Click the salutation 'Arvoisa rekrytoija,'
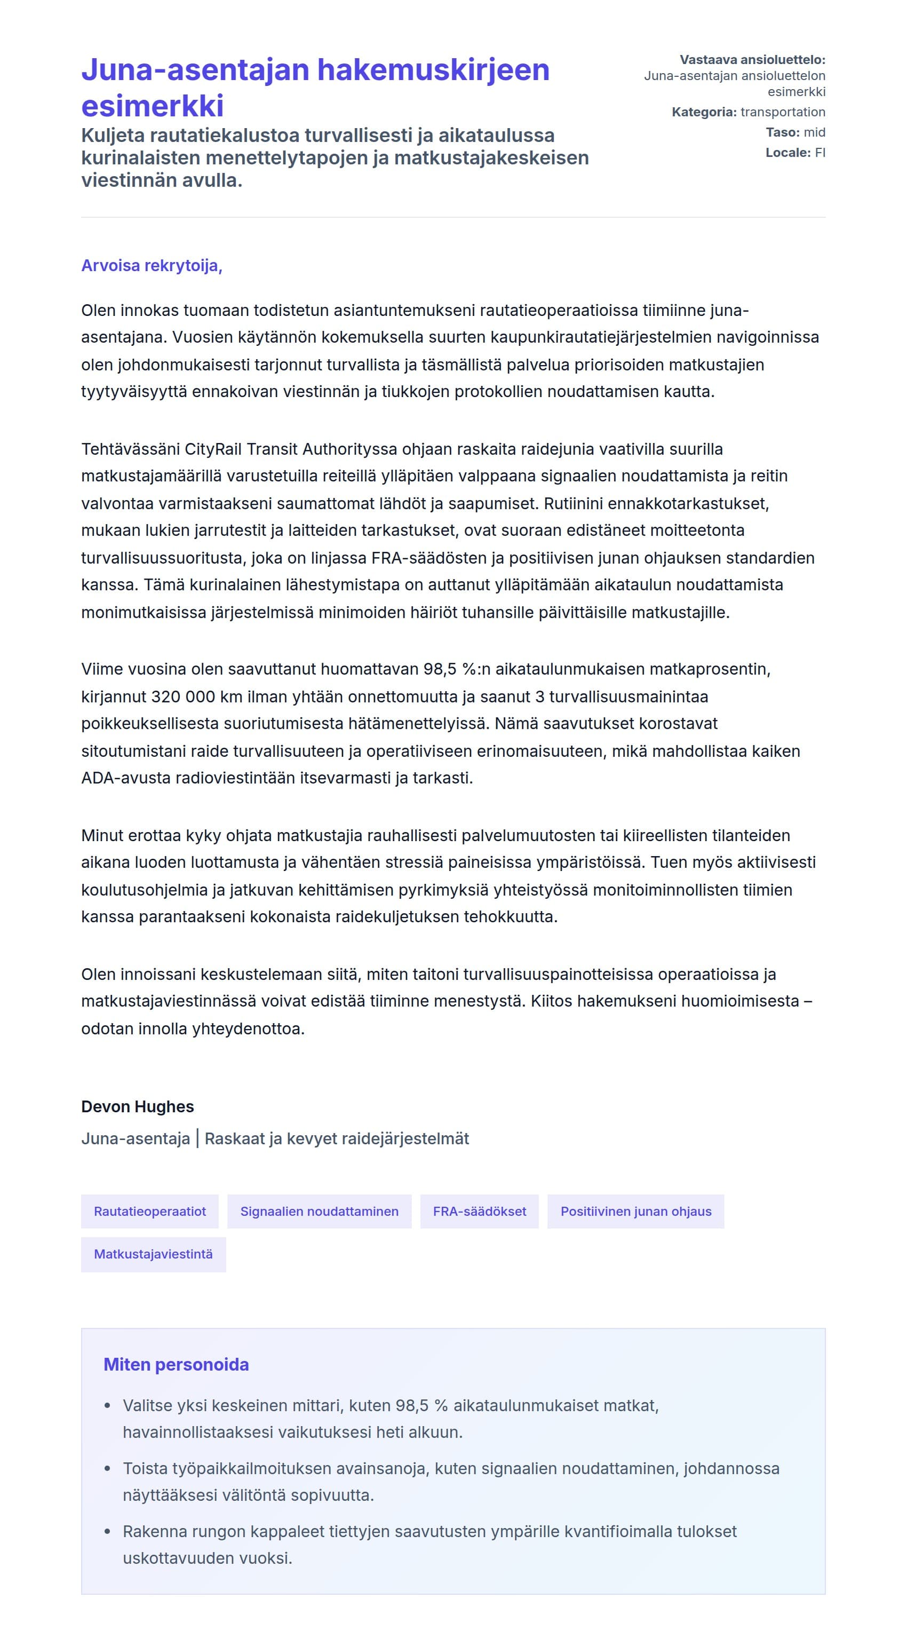(x=152, y=266)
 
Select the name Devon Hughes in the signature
(x=137, y=1107)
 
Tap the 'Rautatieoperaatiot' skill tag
(x=149, y=1212)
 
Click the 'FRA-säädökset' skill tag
(x=479, y=1212)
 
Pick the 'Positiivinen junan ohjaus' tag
(x=635, y=1212)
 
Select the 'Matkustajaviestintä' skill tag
(x=153, y=1254)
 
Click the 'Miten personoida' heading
(x=176, y=1365)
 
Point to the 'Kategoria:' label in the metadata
(x=704, y=113)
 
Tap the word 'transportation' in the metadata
(x=783, y=113)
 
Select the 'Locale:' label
(x=787, y=153)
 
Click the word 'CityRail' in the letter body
(x=213, y=449)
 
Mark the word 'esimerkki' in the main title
(x=153, y=106)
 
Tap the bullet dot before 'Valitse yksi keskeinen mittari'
(x=108, y=1406)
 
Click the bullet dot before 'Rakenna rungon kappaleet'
(x=108, y=1532)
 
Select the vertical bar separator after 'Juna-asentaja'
(x=197, y=1138)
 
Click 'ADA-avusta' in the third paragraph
(x=121, y=778)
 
